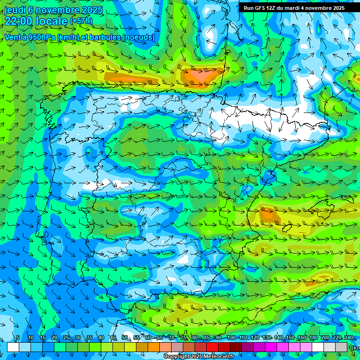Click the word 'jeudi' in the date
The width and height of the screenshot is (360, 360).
[x=15, y=9]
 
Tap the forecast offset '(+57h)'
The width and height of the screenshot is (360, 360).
[x=81, y=21]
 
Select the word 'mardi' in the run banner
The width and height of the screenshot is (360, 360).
[x=293, y=8]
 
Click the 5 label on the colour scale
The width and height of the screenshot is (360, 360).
[x=18, y=337]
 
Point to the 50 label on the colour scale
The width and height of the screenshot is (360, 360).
[x=124, y=337]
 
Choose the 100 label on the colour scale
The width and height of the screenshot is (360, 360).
[x=231, y=337]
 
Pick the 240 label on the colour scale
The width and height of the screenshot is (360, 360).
[x=349, y=337]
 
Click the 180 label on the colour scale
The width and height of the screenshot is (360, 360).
[x=313, y=337]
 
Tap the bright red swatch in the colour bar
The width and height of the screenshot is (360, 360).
[x=212, y=347]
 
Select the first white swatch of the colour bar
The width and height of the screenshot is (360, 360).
[x=13, y=347]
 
